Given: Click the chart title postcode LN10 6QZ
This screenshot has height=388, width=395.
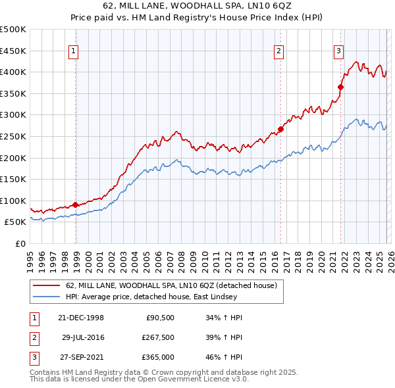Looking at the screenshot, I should pos(271,5).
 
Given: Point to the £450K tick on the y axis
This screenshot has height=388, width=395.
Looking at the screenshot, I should pos(13,51).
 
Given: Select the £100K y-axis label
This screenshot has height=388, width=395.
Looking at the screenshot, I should pos(13,201).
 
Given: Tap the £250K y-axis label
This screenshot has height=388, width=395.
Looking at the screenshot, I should pos(13,136).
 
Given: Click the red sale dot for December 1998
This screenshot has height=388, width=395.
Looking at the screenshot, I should pos(76,205).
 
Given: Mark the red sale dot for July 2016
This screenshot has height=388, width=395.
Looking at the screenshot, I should pos(280,129).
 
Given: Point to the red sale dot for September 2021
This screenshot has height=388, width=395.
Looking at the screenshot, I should pos(341,87).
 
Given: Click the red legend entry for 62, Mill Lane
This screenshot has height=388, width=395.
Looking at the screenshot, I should pos(171,285).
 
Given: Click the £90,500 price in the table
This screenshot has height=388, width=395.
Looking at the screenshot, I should pos(159,317).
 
